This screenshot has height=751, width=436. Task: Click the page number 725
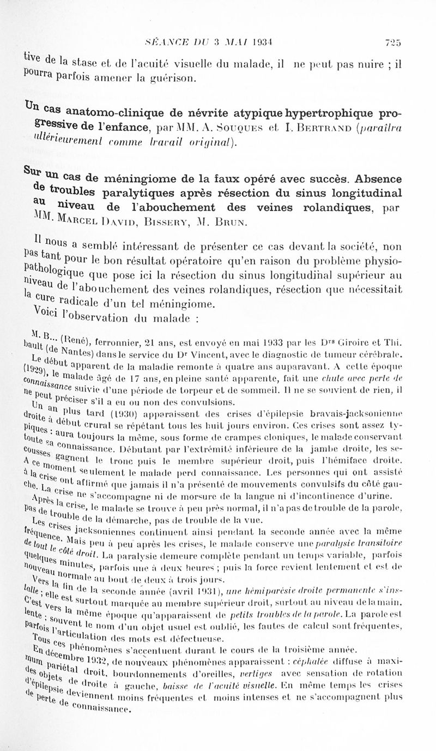(392, 43)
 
